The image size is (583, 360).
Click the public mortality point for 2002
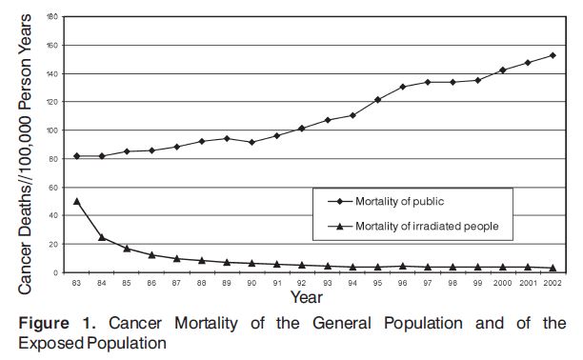coord(553,55)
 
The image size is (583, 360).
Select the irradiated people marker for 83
coord(76,201)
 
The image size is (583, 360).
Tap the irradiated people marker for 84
coord(101,237)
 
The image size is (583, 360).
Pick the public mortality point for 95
coord(377,99)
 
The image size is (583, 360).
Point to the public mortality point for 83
coord(76,155)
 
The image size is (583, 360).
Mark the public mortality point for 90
coord(251,142)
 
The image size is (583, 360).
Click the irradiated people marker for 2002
coord(553,268)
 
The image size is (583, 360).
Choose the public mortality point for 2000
coord(502,70)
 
